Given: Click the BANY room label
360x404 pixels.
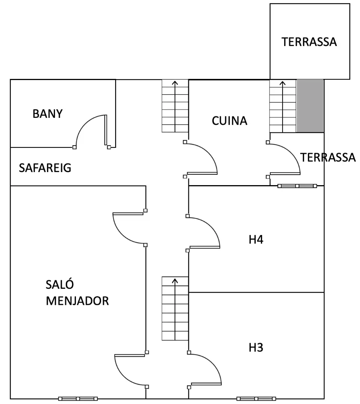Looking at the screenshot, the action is point(47,114).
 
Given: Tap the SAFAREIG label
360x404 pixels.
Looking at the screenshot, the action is point(45,168).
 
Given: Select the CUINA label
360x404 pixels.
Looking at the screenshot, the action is point(230,121).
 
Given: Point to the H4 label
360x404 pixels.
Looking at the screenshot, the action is point(256,240).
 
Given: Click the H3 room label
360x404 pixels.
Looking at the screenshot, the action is point(256,348).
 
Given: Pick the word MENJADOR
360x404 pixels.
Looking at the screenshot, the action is point(77,301).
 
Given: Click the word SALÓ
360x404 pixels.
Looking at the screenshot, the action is point(60,284).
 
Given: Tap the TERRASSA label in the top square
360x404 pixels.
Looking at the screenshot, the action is point(309,42).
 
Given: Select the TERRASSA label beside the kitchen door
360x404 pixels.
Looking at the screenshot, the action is point(328,157).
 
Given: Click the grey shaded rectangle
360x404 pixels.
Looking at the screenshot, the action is point(310,106).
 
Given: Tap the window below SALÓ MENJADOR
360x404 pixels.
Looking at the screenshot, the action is point(78,399).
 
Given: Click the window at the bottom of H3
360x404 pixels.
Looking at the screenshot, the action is point(256,399).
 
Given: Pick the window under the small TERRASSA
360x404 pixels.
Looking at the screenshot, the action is point(297,186).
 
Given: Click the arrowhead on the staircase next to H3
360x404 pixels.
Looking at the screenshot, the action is point(175,281).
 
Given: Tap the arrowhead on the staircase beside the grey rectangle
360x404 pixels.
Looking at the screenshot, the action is point(283,83).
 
